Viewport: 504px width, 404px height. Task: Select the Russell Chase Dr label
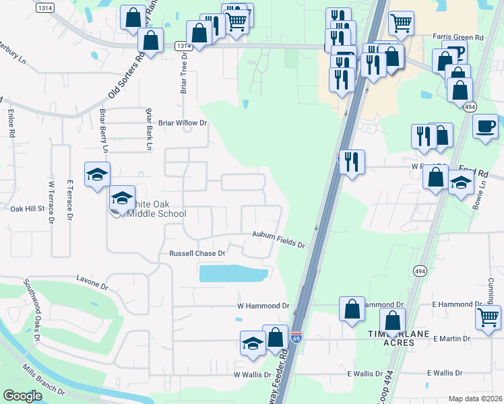click(x=195, y=254)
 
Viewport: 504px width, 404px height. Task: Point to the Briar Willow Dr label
click(x=182, y=123)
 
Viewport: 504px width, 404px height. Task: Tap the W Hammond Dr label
click(x=263, y=306)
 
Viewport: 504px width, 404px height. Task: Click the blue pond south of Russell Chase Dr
click(x=232, y=273)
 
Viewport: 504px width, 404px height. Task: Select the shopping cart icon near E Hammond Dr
click(x=488, y=316)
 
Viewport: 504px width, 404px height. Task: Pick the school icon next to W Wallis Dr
click(x=253, y=343)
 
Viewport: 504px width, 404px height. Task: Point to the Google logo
click(x=22, y=396)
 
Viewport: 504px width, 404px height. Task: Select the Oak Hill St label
click(x=27, y=209)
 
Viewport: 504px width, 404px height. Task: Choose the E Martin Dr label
click(x=452, y=338)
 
